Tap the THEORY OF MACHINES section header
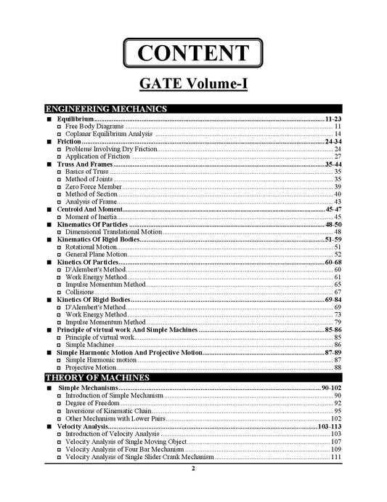[97, 378]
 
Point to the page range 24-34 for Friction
[333, 141]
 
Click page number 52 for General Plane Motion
[338, 255]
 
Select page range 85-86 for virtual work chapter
[333, 330]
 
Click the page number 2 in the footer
[193, 469]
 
